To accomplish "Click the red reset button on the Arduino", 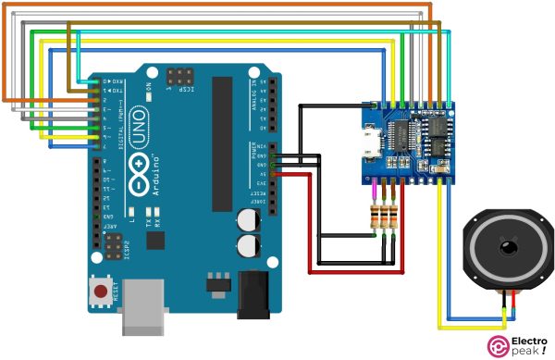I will click(99, 293).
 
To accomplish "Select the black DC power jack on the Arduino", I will click(253, 294).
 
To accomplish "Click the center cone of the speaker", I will click(507, 248).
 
